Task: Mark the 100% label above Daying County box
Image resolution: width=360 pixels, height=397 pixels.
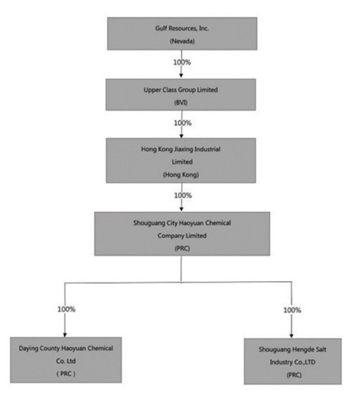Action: coord(66,309)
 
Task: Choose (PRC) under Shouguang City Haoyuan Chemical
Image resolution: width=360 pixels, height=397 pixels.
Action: coord(181,248)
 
